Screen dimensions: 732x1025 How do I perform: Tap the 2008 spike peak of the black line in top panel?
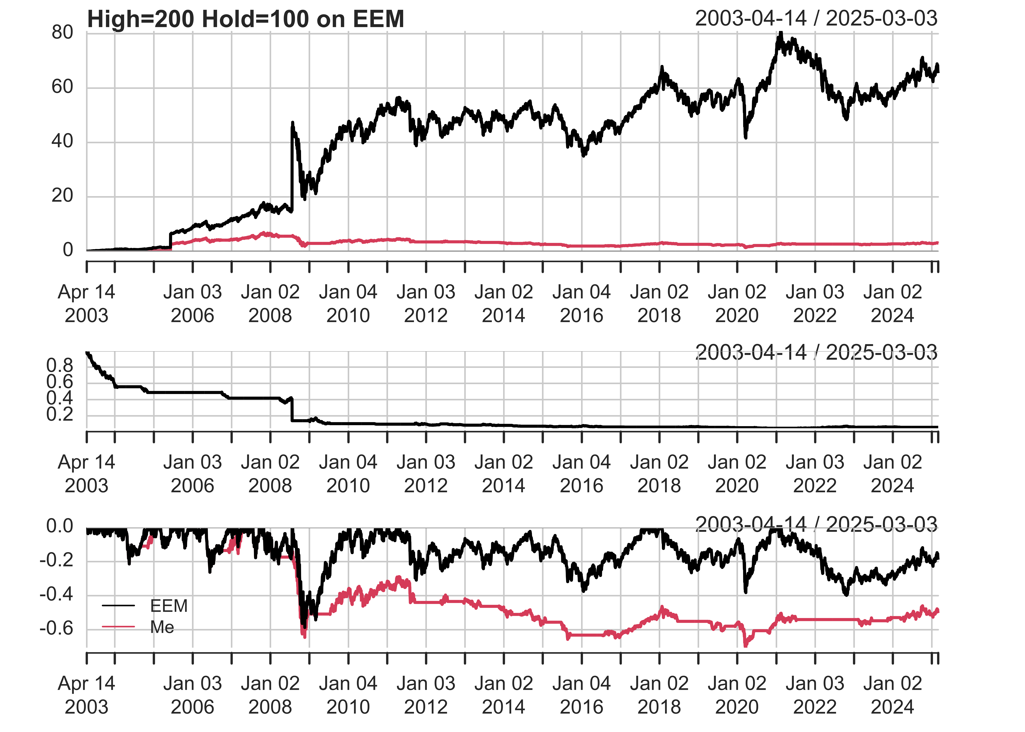[292, 123]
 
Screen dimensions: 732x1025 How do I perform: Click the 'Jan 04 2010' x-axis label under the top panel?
[348, 303]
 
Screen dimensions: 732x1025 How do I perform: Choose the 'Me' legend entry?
[162, 627]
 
